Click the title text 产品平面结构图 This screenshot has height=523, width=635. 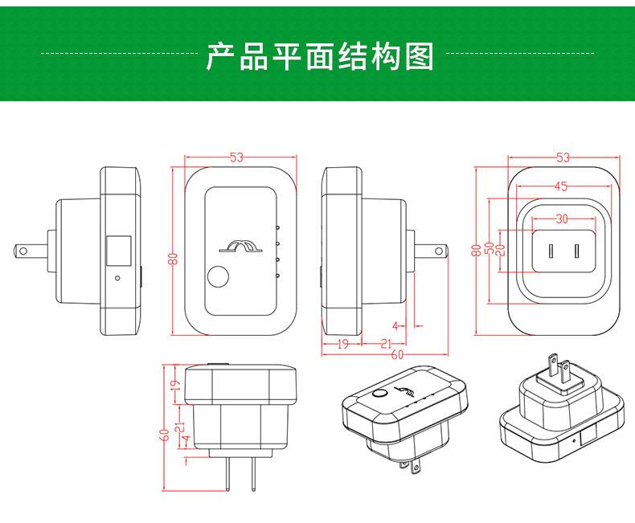320,57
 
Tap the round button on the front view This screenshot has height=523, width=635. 218,278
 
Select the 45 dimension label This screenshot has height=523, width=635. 560,186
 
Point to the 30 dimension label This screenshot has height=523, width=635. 561,219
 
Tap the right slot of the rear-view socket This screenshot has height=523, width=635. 576,251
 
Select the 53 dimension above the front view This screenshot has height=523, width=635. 236,158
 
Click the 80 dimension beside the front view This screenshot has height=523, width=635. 172,258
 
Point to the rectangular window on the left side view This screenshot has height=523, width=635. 119,251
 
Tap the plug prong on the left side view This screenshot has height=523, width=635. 33,251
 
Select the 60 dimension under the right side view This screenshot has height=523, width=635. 398,355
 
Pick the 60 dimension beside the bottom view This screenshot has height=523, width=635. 164,435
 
